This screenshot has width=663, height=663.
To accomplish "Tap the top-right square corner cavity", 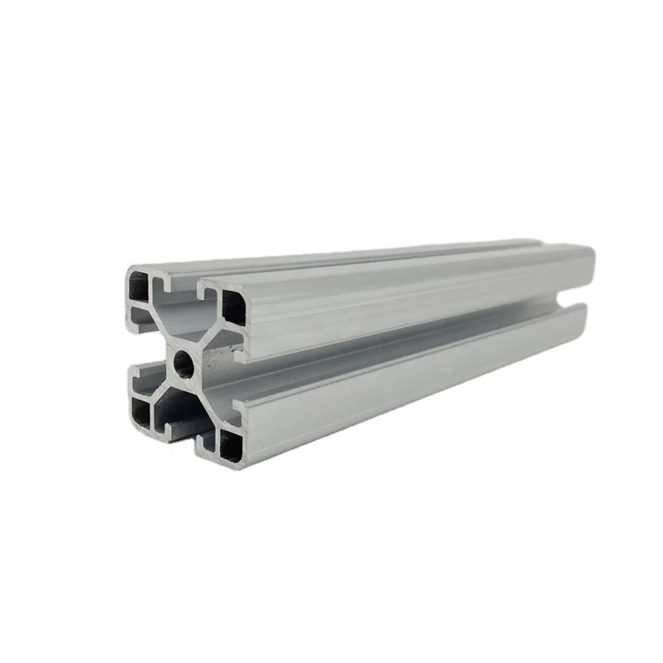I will tap(233, 306).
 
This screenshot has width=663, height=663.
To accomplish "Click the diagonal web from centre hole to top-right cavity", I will tap(207, 336).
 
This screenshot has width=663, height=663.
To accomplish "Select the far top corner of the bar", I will tap(589, 249).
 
